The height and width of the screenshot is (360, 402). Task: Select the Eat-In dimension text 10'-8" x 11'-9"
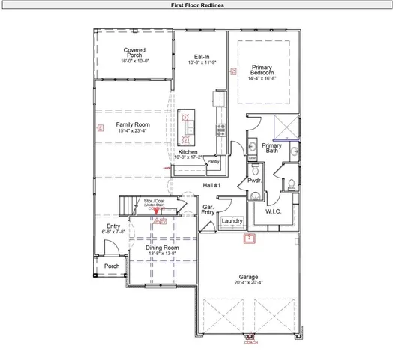201,63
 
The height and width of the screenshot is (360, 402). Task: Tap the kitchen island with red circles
186,126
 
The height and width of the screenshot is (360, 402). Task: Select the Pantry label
213,161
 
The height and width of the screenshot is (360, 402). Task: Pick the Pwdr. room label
254,181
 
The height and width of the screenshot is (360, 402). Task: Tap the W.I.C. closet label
274,211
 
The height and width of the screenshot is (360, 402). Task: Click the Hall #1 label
212,184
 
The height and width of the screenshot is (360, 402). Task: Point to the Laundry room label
232,221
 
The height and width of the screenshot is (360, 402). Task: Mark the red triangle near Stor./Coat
156,213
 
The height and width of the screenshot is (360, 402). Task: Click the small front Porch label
111,265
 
